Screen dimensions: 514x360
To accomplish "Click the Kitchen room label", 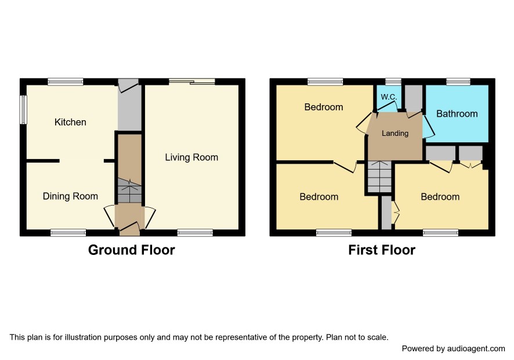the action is (70, 122).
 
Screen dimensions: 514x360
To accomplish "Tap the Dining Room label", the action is (70, 196).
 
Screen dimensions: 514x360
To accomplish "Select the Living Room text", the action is (191, 157).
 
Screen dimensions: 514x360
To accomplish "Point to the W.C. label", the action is (389, 97).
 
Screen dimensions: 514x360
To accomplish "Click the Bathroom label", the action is (457, 114).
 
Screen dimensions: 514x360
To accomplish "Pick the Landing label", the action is (395, 133).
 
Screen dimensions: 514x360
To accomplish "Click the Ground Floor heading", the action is (132, 250).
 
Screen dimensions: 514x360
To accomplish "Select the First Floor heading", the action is (382, 250).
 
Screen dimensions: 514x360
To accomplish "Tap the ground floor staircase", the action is (129, 190).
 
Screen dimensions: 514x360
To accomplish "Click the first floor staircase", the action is (379, 177).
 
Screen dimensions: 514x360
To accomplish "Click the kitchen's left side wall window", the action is (23, 110).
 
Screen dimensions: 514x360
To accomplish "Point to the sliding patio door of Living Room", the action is (192, 81).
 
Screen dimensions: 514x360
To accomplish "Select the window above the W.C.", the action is (393, 81).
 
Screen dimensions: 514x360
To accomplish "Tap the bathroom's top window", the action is (458, 81).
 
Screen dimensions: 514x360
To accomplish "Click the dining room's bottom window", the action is (68, 233).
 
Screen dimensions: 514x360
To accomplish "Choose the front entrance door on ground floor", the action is (130, 228).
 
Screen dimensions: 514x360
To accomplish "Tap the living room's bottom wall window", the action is (195, 233).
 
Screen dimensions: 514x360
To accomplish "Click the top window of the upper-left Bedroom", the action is (325, 81).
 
